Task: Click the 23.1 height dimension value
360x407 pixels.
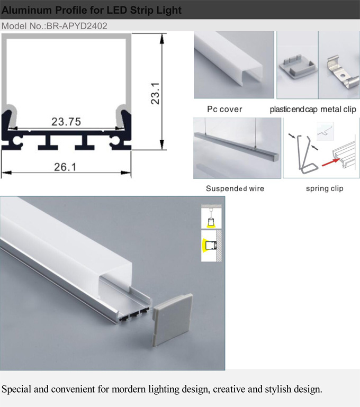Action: [x=155, y=94]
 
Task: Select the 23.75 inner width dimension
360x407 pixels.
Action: [x=66, y=122]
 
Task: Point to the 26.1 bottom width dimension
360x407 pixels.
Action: [x=65, y=167]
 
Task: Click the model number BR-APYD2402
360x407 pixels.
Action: [x=77, y=26]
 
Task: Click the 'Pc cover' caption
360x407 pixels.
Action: [x=224, y=109]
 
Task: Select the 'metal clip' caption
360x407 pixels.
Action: [x=338, y=109]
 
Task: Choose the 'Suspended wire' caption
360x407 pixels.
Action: [x=235, y=188]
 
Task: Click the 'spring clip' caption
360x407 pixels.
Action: [x=325, y=188]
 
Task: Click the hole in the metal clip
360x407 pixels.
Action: [x=343, y=77]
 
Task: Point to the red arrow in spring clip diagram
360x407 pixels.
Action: [x=331, y=162]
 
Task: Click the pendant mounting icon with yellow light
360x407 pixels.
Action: [x=211, y=217]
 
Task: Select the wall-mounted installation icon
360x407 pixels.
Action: [x=211, y=246]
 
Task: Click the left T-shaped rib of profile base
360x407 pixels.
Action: [x=48, y=142]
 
